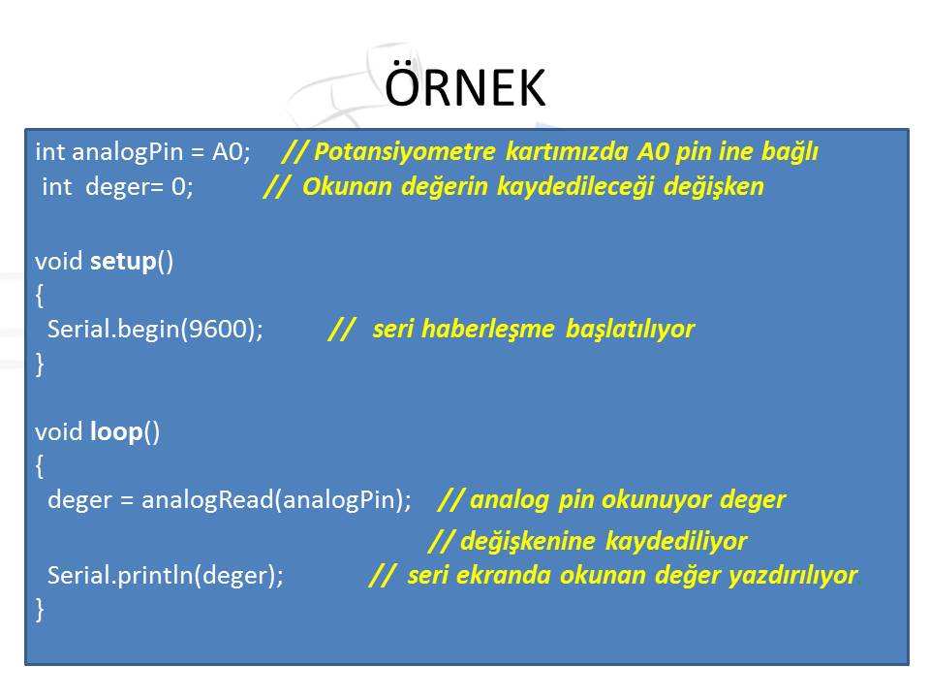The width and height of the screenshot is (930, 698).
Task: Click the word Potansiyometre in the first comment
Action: pyautogui.click(x=405, y=152)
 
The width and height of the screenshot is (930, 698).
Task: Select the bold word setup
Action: pyautogui.click(x=123, y=262)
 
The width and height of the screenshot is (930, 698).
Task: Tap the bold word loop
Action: pyautogui.click(x=116, y=432)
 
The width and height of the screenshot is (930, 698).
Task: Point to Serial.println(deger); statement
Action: pyautogui.click(x=166, y=575)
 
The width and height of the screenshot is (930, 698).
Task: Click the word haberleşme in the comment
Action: pyautogui.click(x=487, y=330)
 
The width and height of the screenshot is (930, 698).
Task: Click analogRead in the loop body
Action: pyautogui.click(x=207, y=500)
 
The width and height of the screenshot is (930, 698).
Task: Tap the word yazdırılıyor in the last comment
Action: pyautogui.click(x=793, y=575)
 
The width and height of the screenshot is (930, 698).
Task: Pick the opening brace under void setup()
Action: pyautogui.click(x=40, y=295)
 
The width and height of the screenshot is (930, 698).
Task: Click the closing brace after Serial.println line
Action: pyautogui.click(x=40, y=609)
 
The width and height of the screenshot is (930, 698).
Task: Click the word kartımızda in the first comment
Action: pyautogui.click(x=567, y=152)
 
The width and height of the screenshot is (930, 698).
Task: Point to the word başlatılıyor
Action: pyautogui.click(x=630, y=330)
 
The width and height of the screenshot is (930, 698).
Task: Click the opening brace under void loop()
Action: pyautogui.click(x=40, y=466)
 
